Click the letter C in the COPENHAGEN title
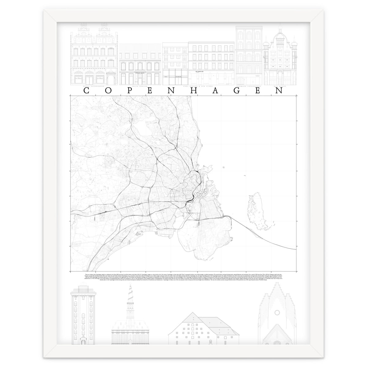(x=87, y=91)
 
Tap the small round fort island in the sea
(x=224, y=167)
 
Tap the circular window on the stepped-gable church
(x=277, y=304)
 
